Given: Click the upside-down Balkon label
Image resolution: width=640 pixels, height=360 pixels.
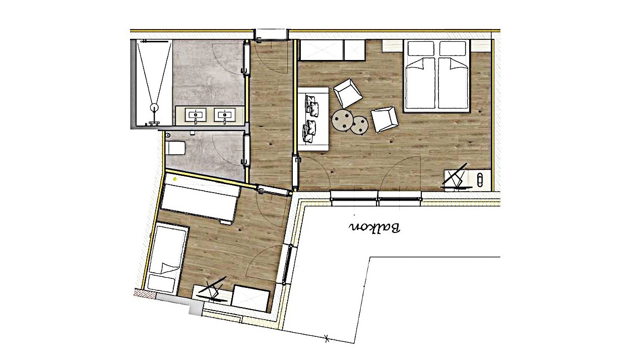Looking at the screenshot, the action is pyautogui.click(x=374, y=227).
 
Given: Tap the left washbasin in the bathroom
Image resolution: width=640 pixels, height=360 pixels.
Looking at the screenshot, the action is pyautogui.click(x=196, y=115).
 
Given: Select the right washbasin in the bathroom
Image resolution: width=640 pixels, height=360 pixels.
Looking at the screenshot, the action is pyautogui.click(x=225, y=115).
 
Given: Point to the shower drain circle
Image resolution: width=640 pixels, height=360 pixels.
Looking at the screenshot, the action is pyautogui.click(x=155, y=107).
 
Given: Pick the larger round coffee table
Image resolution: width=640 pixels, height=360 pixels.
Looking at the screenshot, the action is pyautogui.click(x=342, y=119).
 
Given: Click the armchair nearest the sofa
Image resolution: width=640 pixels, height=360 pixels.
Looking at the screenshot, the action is pyautogui.click(x=348, y=93).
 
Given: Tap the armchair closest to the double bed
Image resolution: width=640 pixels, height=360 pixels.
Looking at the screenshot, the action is pyautogui.click(x=385, y=119).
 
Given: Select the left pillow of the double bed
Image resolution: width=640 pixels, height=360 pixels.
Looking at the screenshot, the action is pyautogui.click(x=421, y=48).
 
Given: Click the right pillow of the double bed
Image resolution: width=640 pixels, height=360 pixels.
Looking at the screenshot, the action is pyautogui.click(x=453, y=48).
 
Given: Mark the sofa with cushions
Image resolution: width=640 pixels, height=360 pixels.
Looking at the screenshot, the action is pyautogui.click(x=313, y=119).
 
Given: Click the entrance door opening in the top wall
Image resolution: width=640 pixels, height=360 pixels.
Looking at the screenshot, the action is pyautogui.click(x=271, y=33).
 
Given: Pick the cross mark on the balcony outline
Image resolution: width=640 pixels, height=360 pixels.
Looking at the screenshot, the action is pyautogui.click(x=327, y=338).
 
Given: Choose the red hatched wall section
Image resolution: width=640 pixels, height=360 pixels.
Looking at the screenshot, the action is pyautogui.click(x=145, y=293).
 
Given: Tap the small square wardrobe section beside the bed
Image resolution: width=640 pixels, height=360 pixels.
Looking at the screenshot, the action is pyautogui.click(x=354, y=50).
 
